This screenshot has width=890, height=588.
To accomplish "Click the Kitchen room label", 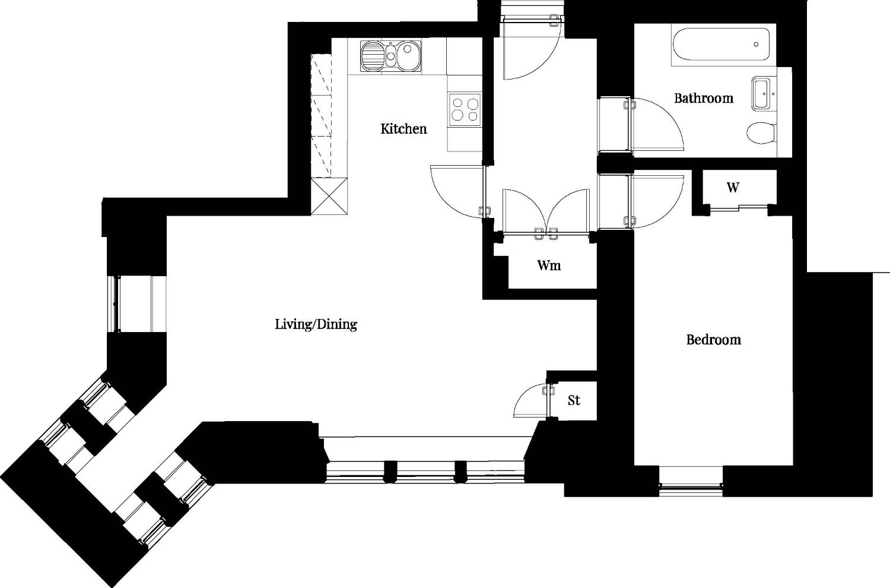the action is (403, 129).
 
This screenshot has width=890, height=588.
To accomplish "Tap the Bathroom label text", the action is (704, 98).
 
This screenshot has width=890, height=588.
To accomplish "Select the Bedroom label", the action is (714, 339).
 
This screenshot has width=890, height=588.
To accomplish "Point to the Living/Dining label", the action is (316, 324).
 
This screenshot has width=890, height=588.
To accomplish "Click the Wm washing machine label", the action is (549, 265).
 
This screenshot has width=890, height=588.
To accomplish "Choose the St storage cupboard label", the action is (573, 400).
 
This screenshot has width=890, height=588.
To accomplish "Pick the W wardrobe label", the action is (733, 187).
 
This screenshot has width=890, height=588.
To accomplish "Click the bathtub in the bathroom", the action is (721, 45).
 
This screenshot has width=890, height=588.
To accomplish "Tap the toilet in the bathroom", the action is (761, 133).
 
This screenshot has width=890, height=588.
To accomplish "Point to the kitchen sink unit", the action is (390, 56).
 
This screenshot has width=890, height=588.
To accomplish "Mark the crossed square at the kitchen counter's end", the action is (329, 197).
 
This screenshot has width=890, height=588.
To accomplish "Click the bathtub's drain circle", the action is (756, 45).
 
